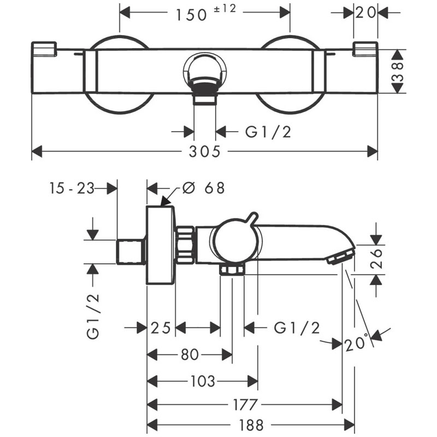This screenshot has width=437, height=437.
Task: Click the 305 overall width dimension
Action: point(205,151)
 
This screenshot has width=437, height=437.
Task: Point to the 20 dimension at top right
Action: point(366,13)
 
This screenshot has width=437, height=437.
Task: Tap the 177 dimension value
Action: point(244,405)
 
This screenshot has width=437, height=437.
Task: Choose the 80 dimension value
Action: point(189,355)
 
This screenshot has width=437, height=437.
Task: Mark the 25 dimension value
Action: point(161,328)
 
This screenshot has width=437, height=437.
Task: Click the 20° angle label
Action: point(358,344)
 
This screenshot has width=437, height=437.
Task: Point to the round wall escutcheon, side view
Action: point(161,245)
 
